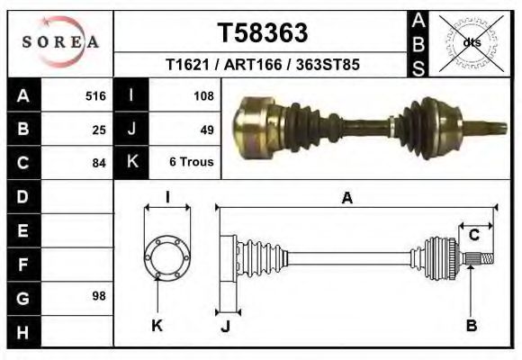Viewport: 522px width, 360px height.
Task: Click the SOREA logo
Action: tap(60, 42)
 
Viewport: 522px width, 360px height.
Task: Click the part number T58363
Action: tap(263, 33)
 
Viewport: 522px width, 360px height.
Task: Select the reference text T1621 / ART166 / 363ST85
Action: tap(263, 66)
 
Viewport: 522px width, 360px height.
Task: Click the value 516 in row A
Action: tap(95, 95)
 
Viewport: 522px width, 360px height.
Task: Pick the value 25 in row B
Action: tap(99, 130)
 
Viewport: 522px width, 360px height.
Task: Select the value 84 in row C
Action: tap(99, 163)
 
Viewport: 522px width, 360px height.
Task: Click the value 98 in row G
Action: tap(99, 296)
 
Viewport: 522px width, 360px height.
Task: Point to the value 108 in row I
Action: tap(202, 95)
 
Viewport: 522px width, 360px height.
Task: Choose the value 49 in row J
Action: tap(206, 130)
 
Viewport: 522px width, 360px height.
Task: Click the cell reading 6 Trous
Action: tap(192, 163)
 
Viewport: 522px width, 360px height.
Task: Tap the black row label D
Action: tap(23, 196)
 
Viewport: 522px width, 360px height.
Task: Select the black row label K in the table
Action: tap(131, 163)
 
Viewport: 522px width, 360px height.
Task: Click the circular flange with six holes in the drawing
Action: tap(167, 257)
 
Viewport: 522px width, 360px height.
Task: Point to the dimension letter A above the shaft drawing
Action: tap(346, 200)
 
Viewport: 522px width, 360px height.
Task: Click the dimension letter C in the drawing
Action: tap(473, 236)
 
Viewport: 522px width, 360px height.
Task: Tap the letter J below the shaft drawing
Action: tap(225, 326)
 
